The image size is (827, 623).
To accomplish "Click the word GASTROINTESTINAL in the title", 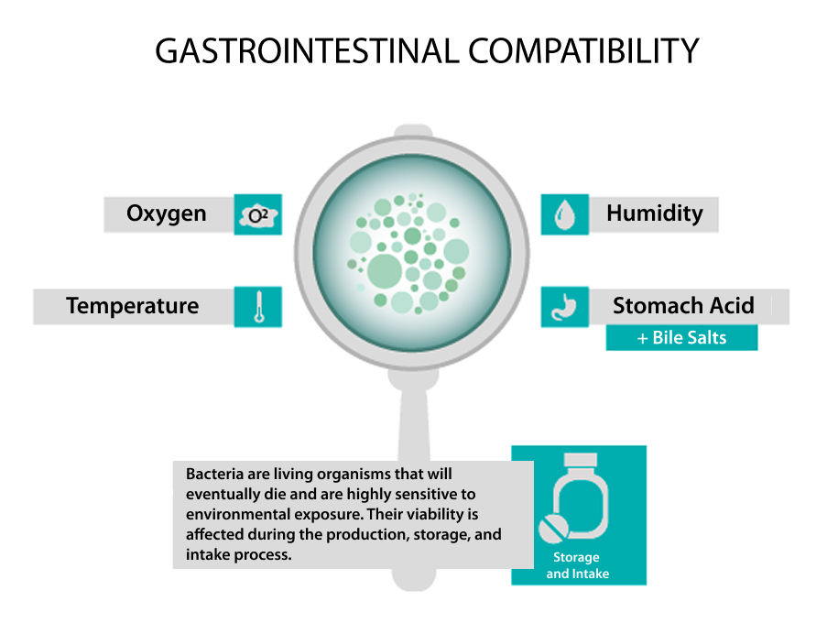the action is [x=307, y=51].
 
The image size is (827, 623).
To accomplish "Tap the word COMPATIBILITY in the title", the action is [x=583, y=51].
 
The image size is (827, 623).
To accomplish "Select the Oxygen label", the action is [x=166, y=213].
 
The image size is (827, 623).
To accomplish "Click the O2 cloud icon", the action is [x=258, y=214].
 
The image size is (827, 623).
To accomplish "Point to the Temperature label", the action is [x=133, y=306].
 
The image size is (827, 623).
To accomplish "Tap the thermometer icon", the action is [x=258, y=307].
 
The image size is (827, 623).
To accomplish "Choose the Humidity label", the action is [x=655, y=213].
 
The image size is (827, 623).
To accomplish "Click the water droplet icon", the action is [x=565, y=214].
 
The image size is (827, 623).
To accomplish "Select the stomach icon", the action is [x=564, y=307].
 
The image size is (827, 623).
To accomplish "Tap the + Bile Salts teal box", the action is [x=681, y=338].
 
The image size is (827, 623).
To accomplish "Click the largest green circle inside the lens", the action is [x=385, y=272].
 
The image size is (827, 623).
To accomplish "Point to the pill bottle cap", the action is [x=580, y=460].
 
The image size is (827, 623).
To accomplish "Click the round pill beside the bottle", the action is [x=553, y=529].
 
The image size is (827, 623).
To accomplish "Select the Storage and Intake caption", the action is [x=577, y=565].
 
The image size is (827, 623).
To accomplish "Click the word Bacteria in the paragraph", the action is [x=214, y=474].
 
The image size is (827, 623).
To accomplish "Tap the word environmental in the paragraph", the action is [x=237, y=514].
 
